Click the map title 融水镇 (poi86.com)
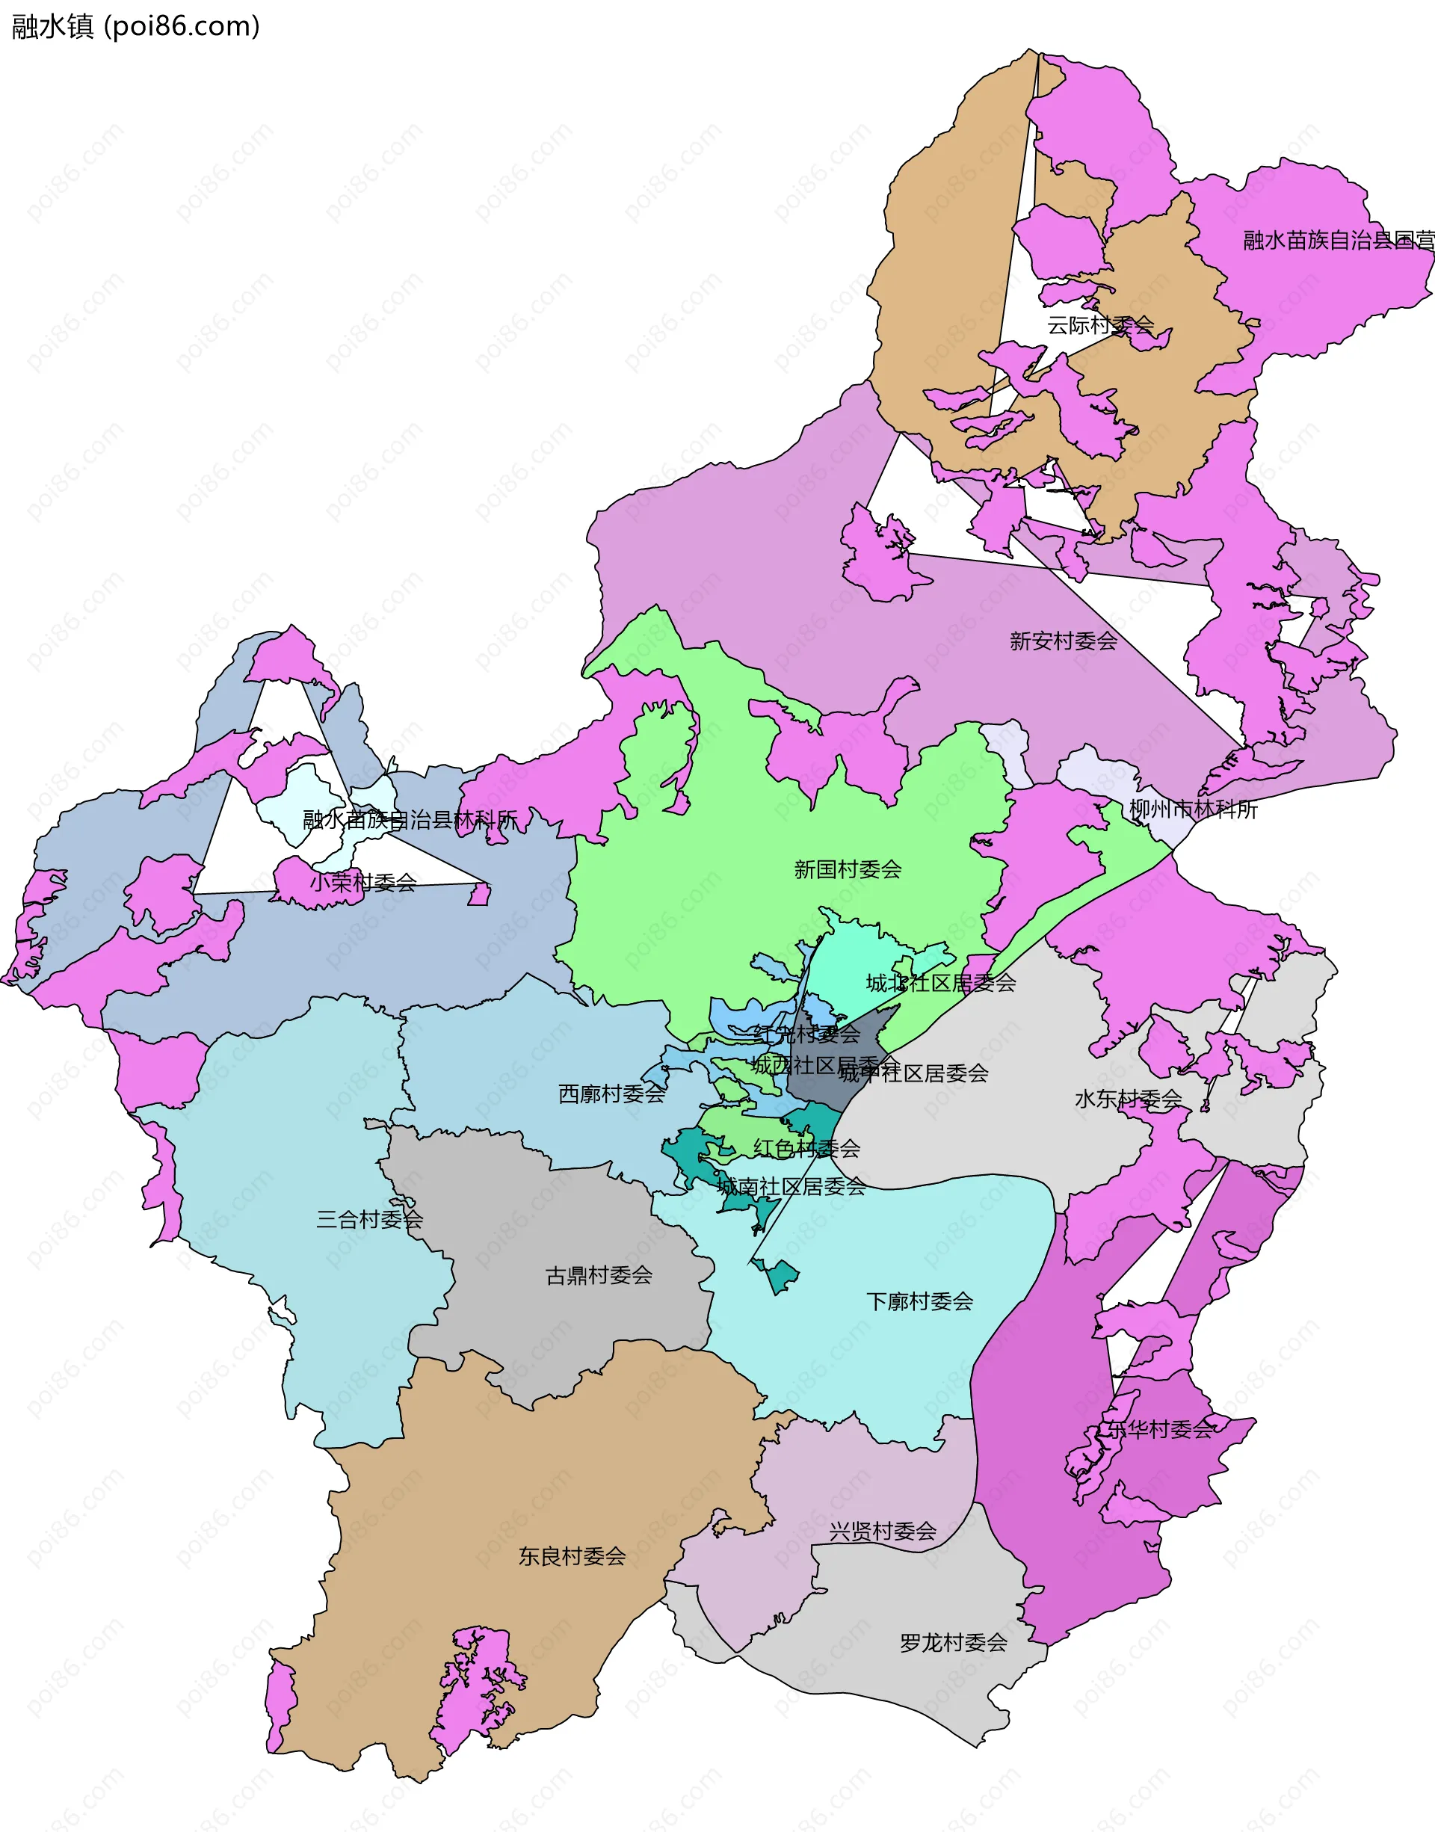point(135,27)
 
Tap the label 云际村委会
point(1099,325)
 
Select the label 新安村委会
point(1063,641)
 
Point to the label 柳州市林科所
point(1192,809)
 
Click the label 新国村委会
point(847,869)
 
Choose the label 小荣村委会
point(363,882)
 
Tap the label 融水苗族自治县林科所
point(410,819)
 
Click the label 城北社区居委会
point(941,983)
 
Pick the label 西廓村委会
point(611,1094)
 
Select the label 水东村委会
point(1128,1099)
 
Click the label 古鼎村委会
point(598,1275)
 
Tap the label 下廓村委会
point(919,1301)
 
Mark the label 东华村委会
point(1159,1429)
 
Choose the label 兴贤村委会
point(882,1532)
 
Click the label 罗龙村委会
point(953,1642)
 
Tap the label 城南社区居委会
point(791,1186)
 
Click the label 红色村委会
point(806,1147)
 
